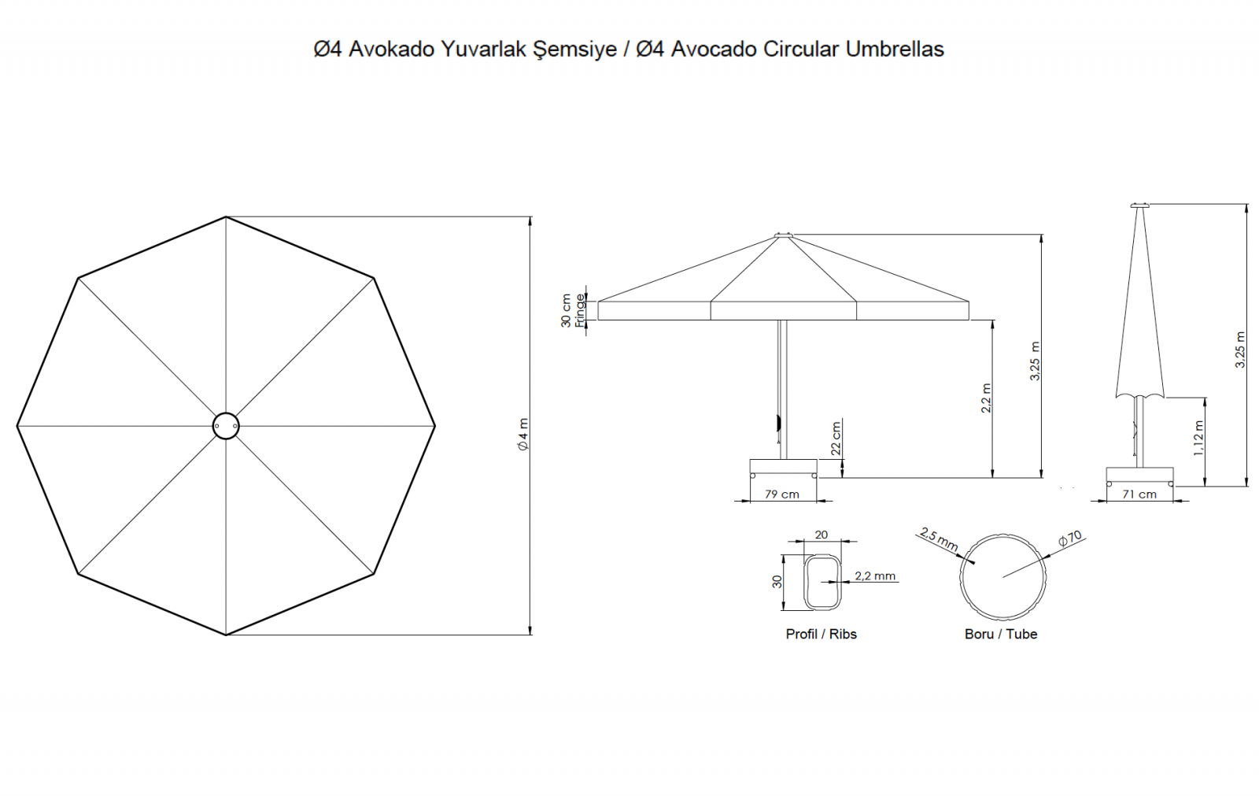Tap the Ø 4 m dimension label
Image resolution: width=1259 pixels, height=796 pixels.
click(523, 435)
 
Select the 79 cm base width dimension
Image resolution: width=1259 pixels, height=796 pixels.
click(782, 494)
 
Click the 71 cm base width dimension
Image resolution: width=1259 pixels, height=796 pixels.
click(1139, 494)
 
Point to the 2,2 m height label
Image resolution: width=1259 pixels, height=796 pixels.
click(987, 398)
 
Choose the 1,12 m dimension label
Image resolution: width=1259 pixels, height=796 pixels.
click(1198, 438)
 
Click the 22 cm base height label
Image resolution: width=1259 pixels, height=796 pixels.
click(836, 439)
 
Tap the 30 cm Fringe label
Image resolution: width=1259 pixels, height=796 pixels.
click(573, 310)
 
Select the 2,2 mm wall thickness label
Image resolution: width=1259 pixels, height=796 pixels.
click(875, 576)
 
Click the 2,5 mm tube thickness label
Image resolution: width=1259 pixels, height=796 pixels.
click(939, 539)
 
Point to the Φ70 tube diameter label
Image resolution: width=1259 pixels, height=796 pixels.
click(1070, 539)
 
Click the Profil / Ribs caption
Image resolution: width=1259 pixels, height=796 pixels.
click(821, 634)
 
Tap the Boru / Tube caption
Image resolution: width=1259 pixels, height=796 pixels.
click(1001, 634)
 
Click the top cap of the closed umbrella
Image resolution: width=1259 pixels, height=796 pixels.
click(1140, 205)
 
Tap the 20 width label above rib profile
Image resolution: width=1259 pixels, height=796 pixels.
click(821, 535)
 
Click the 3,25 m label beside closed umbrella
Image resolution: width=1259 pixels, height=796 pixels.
click(1240, 350)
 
